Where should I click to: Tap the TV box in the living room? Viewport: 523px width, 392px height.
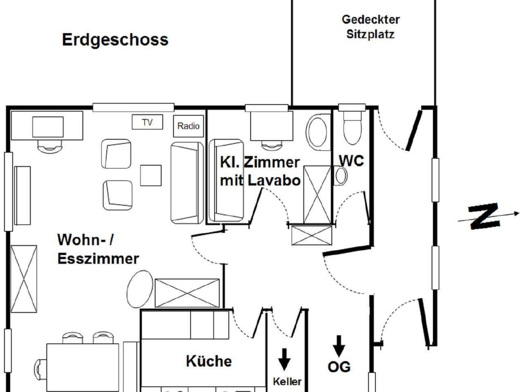click(147, 122)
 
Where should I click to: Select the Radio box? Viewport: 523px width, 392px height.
click(188, 126)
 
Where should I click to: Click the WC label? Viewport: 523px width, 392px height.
click(351, 161)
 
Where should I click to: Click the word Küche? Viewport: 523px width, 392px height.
click(209, 361)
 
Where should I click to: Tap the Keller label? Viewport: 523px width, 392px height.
click(287, 382)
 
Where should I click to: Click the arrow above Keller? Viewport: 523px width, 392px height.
click(284, 359)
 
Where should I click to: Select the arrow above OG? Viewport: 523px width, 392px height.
click(339, 346)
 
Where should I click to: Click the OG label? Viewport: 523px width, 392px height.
click(339, 367)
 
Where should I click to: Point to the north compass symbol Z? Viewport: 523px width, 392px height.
click(484, 216)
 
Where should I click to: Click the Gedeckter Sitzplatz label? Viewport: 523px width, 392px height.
click(371, 27)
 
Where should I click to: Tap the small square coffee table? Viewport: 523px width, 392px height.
click(151, 175)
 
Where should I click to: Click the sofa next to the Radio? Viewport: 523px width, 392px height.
click(187, 183)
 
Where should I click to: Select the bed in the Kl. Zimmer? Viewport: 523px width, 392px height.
click(226, 180)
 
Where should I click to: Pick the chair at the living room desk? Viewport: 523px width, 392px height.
click(50, 146)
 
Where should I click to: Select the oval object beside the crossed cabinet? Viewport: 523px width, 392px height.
click(140, 289)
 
